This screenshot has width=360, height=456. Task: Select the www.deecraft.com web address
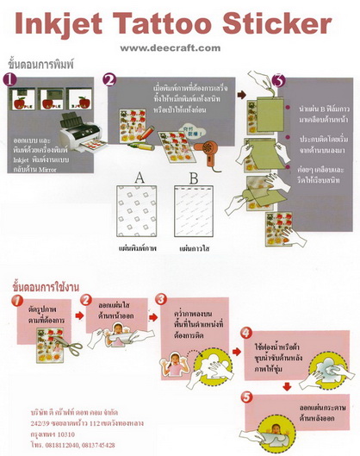pos(170,48)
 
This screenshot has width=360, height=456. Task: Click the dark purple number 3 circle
pos(277,81)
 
